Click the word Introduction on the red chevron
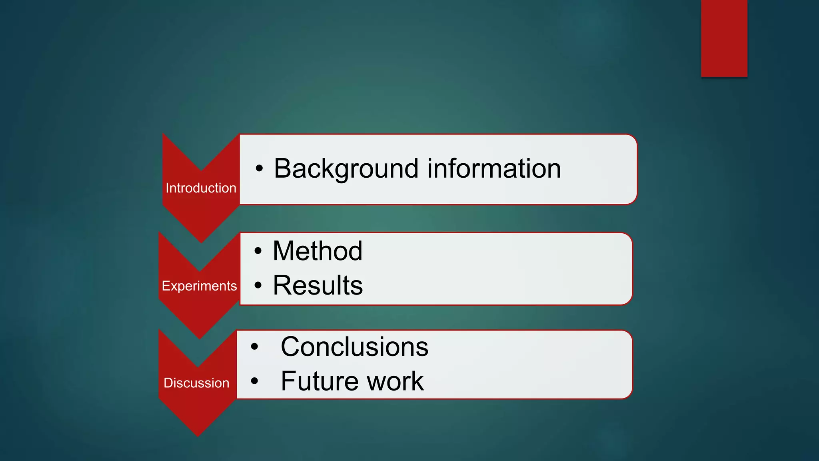point(201,188)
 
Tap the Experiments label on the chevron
point(199,286)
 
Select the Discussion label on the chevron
point(196,383)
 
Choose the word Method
point(318,251)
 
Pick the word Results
point(318,286)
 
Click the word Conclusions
point(354,347)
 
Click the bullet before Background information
point(259,169)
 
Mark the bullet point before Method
point(258,251)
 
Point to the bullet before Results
point(258,286)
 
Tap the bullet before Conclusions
point(254,347)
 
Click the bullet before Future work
point(254,381)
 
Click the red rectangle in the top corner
point(724,38)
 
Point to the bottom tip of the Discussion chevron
point(198,434)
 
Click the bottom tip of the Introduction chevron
point(201,241)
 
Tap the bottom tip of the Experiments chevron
point(200,337)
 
